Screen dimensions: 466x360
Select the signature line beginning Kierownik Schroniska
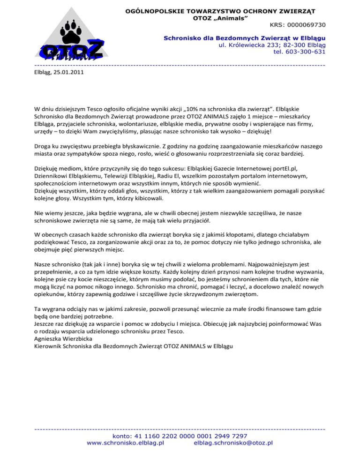pos(133,346)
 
